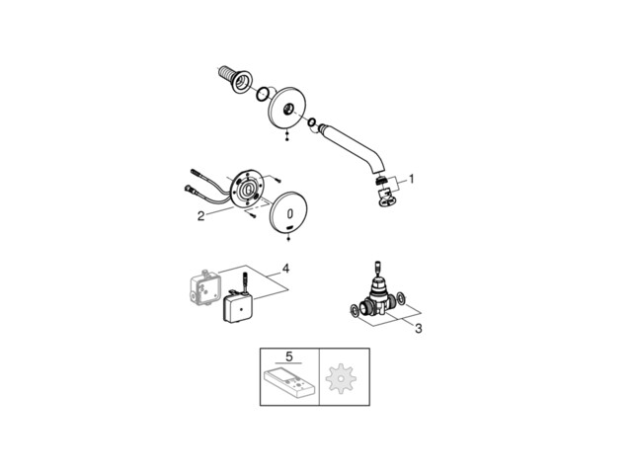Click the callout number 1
tap(411, 179)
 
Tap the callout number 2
tap(200, 216)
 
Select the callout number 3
tap(419, 329)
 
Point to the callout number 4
tap(285, 268)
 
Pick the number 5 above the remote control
tap(288, 356)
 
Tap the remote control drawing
tap(288, 381)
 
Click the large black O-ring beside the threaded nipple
tap(263, 94)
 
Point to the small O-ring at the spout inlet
tap(312, 121)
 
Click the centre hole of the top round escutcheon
tap(289, 108)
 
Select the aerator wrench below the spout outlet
tap(386, 197)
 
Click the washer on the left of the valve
tap(355, 311)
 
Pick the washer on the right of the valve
tap(402, 298)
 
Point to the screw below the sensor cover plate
tap(288, 239)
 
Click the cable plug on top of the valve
tap(377, 268)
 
